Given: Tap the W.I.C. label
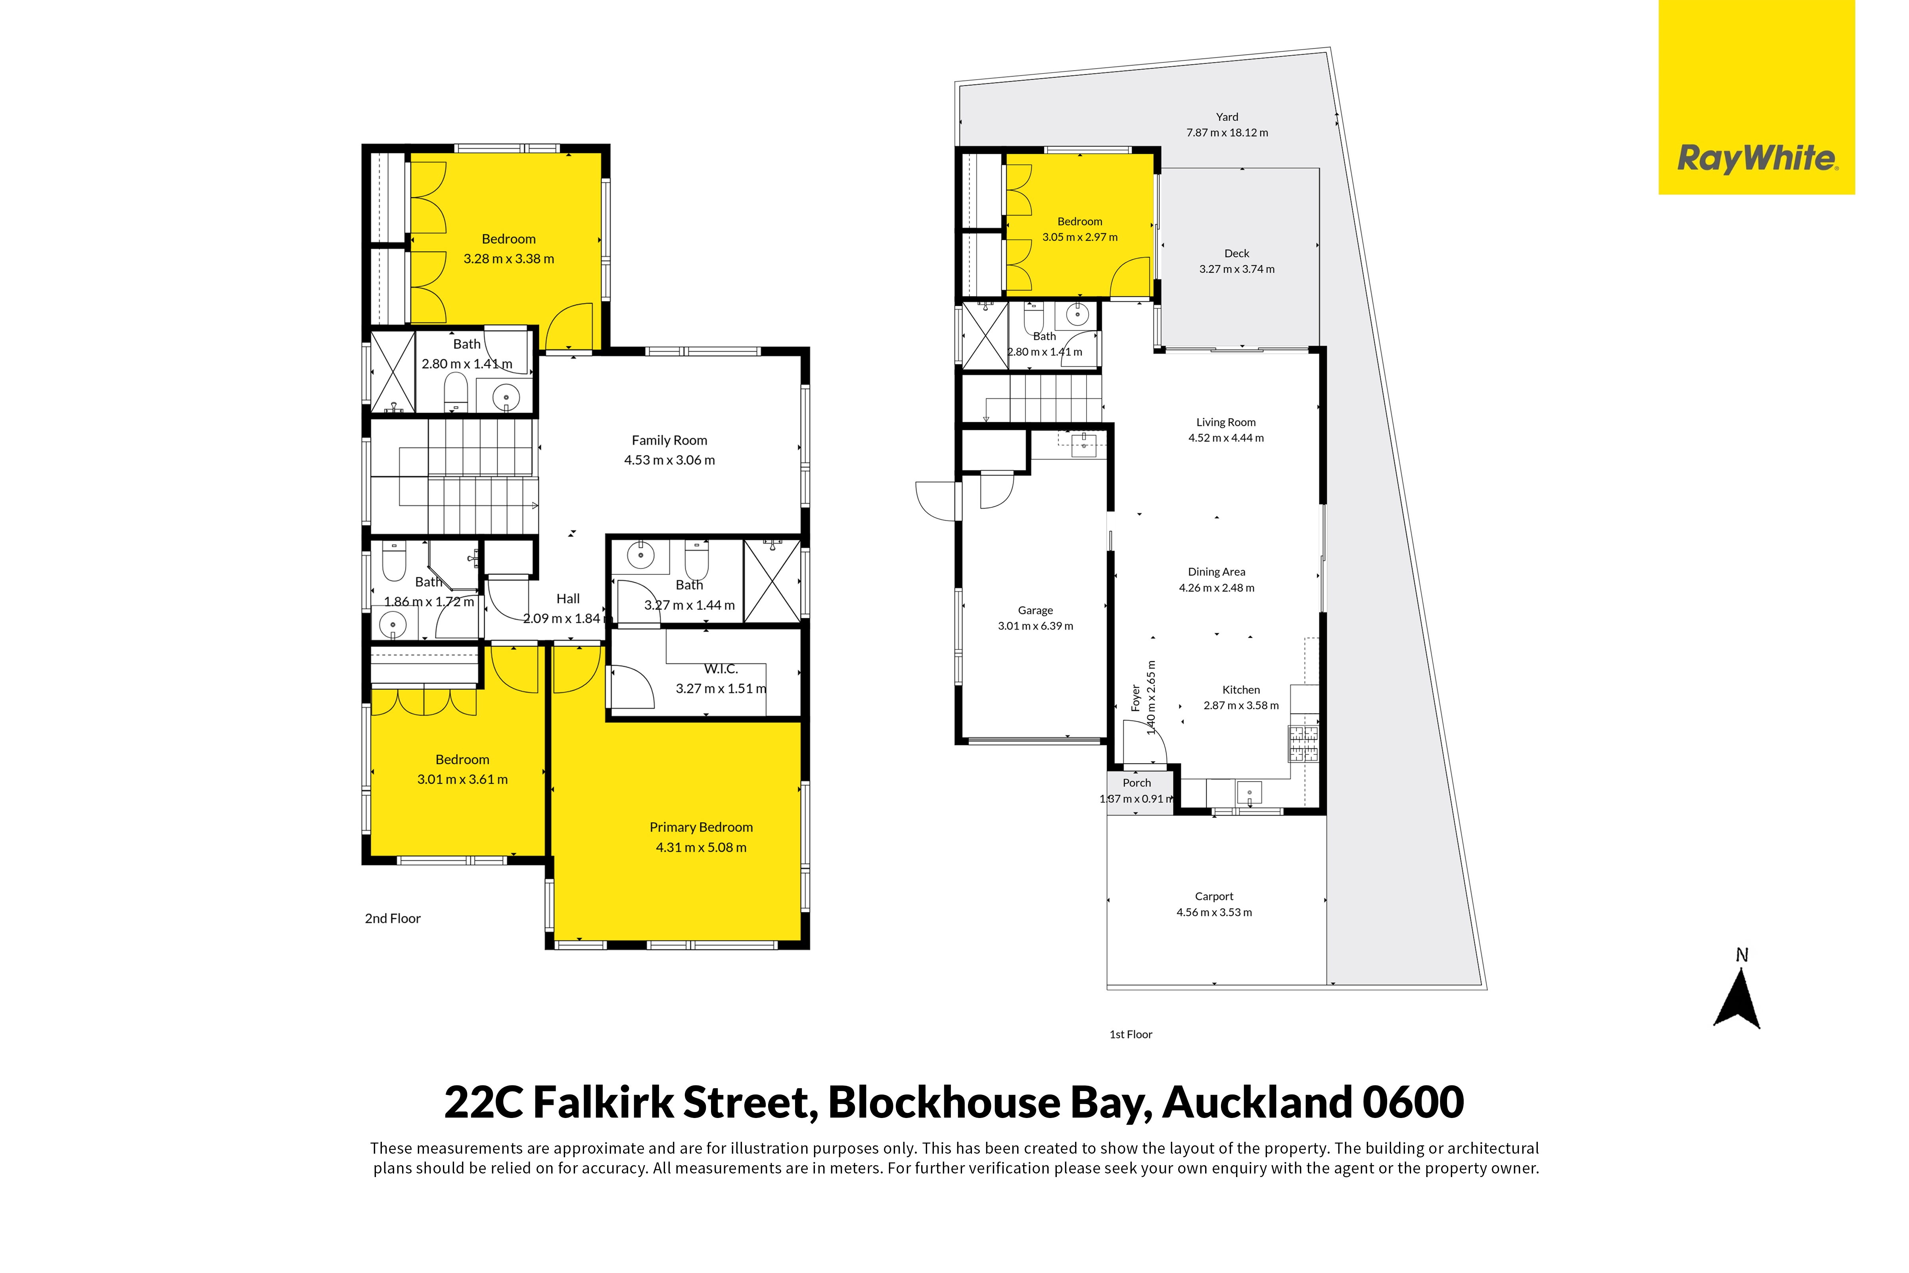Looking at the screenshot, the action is [721, 669].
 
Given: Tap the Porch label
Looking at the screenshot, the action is [1137, 783].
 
